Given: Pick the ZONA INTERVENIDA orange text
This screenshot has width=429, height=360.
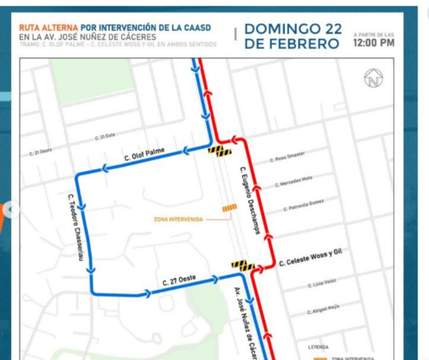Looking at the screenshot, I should [179, 219].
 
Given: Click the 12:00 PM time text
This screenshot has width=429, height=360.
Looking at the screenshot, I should [373, 43].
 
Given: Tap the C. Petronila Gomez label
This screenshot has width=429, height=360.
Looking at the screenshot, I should [307, 206].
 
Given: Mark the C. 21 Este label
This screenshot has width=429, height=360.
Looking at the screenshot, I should [106, 136].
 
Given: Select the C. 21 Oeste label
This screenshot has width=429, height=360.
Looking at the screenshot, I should [41, 152].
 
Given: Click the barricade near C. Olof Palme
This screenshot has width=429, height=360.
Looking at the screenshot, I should [220, 151].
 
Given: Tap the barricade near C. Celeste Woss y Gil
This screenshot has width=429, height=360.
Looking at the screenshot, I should [243, 265].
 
